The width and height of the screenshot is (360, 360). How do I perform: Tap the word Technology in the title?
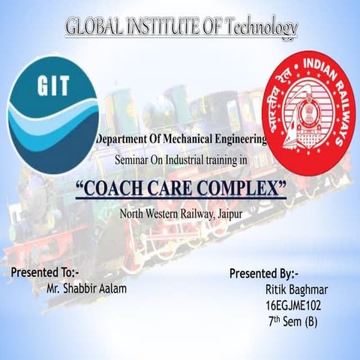(256, 27)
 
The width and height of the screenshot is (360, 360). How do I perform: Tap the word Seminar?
(132, 160)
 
